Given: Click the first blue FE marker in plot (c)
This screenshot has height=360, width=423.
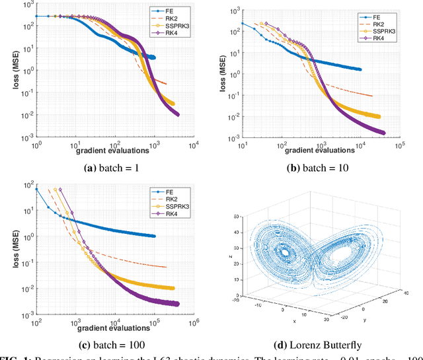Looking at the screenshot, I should click(37, 189).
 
